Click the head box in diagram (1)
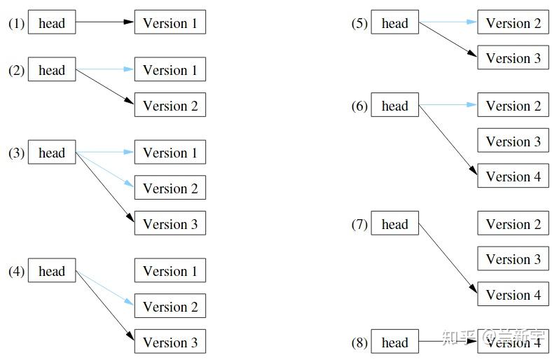[51, 22]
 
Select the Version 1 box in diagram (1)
[170, 22]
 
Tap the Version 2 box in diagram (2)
[170, 106]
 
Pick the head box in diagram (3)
[51, 153]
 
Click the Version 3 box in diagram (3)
[170, 224]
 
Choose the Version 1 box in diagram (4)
[170, 271]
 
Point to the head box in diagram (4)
[51, 271]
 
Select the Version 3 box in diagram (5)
[513, 58]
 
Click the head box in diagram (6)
[394, 106]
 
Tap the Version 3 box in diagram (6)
[513, 141]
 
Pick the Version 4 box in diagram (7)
[513, 295]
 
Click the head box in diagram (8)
[394, 342]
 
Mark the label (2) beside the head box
[16, 70]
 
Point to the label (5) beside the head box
[359, 23]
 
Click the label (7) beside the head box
[359, 225]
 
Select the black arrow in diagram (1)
[104, 22]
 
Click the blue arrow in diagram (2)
[104, 70]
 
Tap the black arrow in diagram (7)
[448, 259]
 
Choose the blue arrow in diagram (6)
[448, 106]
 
